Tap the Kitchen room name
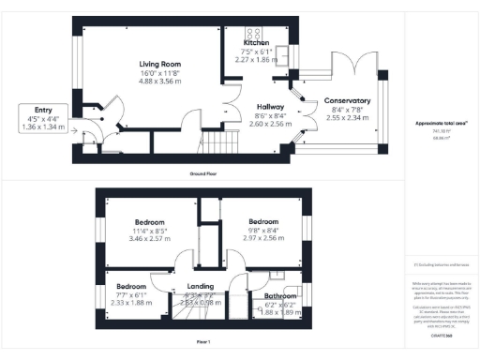[x=257, y=43]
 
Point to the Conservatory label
[x=347, y=100]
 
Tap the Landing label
[x=202, y=286]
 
